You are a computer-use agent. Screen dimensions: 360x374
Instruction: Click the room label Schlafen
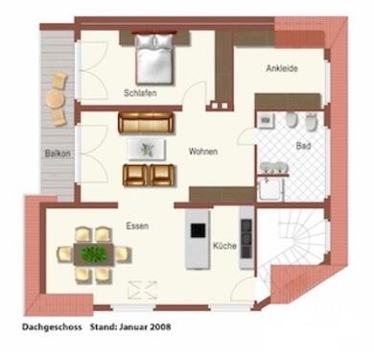[x=140, y=93]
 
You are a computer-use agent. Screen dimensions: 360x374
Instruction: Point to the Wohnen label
[x=202, y=152]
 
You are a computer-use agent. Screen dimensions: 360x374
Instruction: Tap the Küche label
[x=223, y=247]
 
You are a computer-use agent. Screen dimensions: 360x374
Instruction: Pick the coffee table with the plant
[x=147, y=148]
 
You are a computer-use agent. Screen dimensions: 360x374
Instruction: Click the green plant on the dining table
[x=94, y=253]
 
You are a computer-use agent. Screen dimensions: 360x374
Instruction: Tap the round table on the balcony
[x=56, y=97]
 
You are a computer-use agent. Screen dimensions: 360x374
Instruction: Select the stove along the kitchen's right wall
[x=246, y=231]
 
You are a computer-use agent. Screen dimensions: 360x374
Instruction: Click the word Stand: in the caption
[x=102, y=326]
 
